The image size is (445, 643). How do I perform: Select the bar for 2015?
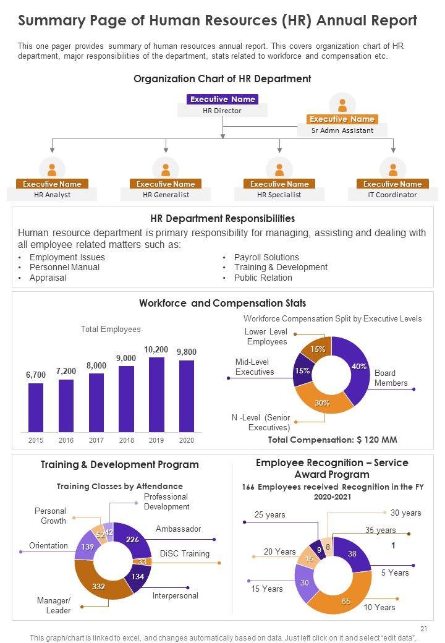(x=36, y=407)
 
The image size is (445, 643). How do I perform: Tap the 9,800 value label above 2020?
(x=186, y=352)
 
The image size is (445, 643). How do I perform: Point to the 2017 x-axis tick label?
(x=96, y=440)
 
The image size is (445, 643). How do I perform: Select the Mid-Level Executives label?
(x=255, y=367)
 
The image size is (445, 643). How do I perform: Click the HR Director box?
(x=222, y=111)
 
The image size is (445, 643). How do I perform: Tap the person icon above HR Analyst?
(x=52, y=168)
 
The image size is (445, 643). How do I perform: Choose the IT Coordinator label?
(x=392, y=195)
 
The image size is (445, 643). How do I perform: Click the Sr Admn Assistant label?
(x=342, y=130)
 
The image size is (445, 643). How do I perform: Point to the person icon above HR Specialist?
(x=279, y=168)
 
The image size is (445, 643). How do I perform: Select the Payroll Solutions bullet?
(x=266, y=257)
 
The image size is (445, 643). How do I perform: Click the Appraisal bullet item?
(x=48, y=278)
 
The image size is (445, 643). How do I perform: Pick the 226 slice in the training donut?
(x=132, y=539)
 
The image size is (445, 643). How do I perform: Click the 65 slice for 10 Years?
(x=346, y=600)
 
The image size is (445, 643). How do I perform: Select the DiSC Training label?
(x=184, y=553)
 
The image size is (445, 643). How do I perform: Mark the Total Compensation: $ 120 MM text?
(x=332, y=440)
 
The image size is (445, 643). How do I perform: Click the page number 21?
(x=423, y=628)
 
